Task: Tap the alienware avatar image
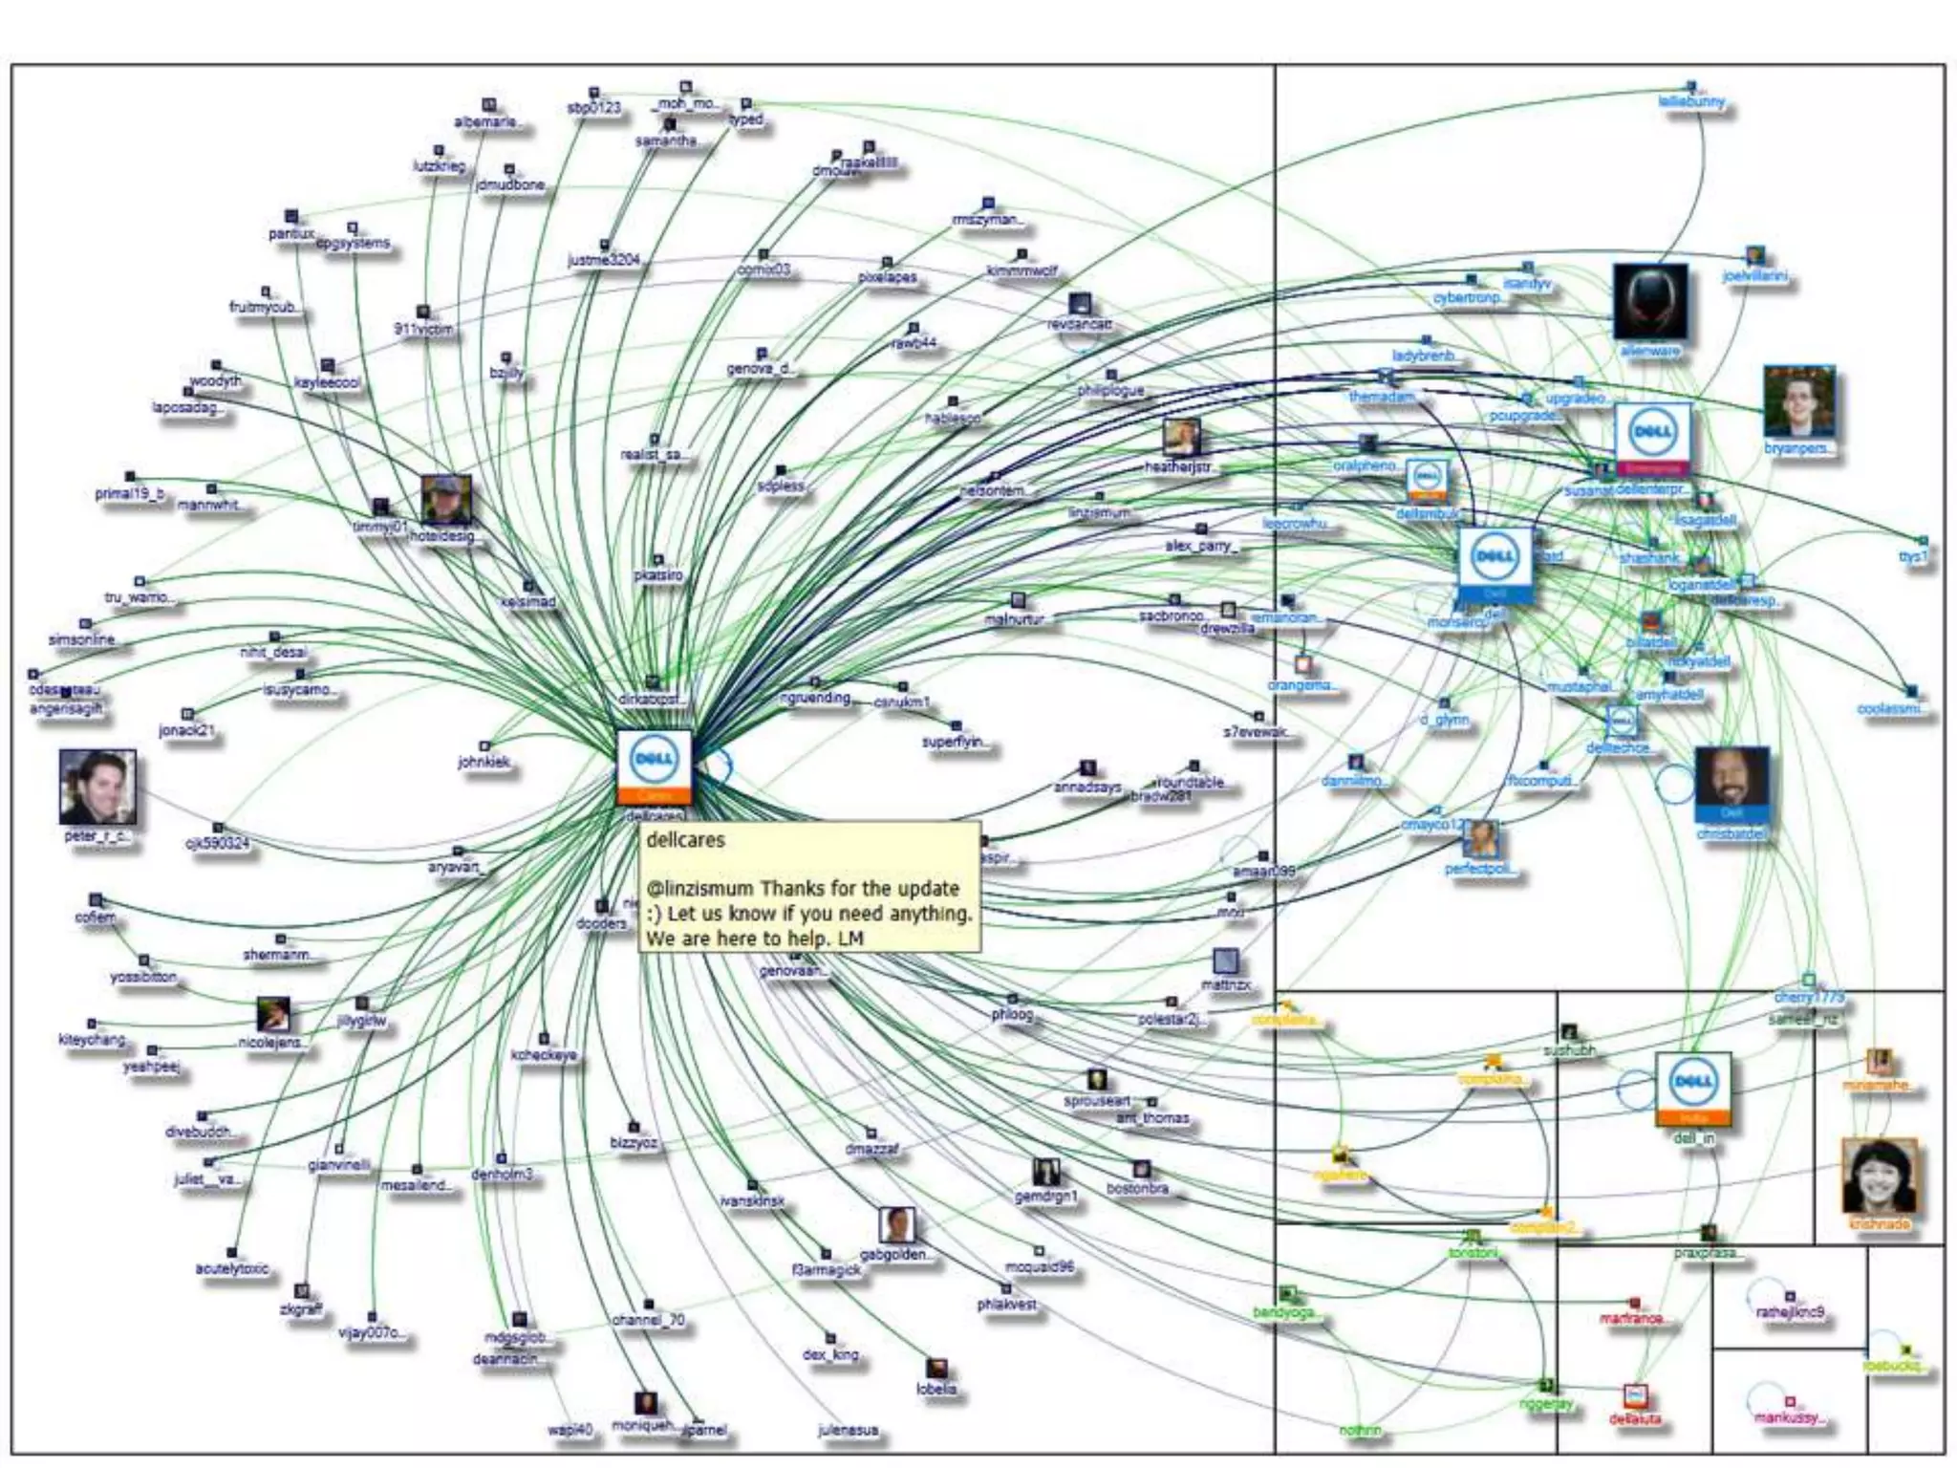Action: [1649, 301]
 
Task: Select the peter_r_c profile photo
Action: [97, 787]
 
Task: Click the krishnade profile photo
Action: [1879, 1177]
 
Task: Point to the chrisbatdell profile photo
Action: [1731, 783]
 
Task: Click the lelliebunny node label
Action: [1691, 102]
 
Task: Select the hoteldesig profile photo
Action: [446, 499]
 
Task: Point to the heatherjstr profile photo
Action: [1181, 438]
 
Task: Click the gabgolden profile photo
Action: [896, 1225]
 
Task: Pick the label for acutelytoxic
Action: [232, 1269]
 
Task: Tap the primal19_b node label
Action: [129, 494]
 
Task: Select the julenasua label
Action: [848, 1431]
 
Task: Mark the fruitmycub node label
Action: [265, 308]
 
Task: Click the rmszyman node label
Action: [988, 220]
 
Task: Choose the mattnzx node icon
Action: [1225, 961]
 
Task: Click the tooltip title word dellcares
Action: [685, 841]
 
